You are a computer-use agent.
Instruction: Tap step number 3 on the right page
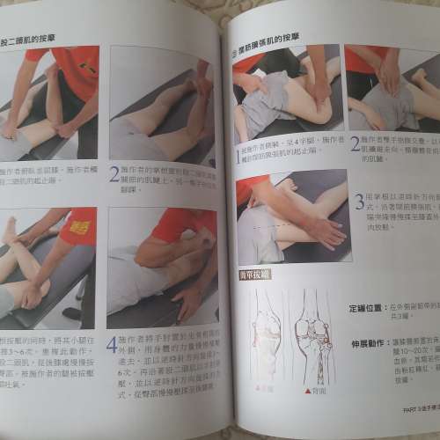click(x=359, y=201)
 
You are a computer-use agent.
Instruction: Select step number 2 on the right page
click(x=355, y=144)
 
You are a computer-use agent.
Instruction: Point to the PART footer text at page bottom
click(x=407, y=407)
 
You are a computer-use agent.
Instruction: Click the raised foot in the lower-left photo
click(x=9, y=231)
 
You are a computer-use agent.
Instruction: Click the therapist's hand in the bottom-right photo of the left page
click(x=187, y=300)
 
